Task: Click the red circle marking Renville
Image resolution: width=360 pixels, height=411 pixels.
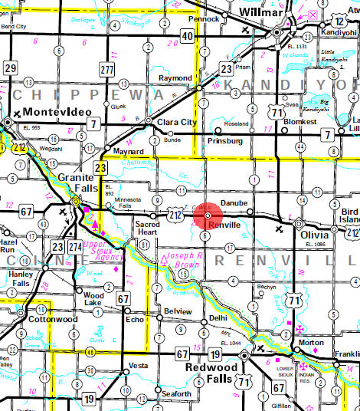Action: point(208,218)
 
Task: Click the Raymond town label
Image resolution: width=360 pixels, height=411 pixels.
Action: point(175,78)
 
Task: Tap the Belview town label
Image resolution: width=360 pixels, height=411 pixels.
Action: point(178,311)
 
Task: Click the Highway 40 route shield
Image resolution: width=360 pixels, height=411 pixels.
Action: point(187,35)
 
